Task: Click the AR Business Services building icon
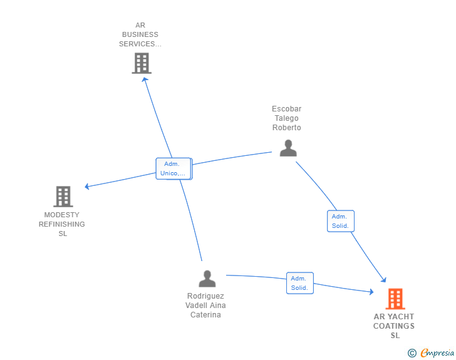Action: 142,63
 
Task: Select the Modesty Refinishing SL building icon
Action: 63,197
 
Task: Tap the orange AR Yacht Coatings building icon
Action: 395,299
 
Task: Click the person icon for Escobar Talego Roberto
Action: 288,148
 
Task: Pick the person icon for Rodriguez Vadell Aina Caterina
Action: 207,279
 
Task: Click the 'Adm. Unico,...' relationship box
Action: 174,168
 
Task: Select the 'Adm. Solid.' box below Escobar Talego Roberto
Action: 341,221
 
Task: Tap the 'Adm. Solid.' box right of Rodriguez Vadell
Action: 300,283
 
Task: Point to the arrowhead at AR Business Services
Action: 145,80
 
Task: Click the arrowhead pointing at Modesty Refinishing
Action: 87,187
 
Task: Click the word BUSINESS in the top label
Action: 140,34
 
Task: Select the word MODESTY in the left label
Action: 61,215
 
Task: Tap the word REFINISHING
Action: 61,224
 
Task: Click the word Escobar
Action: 286,109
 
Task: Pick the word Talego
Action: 286,118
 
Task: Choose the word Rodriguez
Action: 205,296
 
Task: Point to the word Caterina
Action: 205,315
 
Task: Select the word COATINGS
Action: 394,326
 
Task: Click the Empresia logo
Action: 431,352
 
